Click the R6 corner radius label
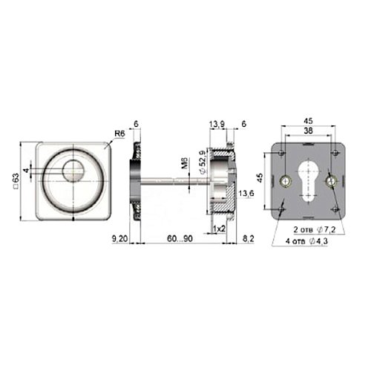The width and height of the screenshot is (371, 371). (119, 134)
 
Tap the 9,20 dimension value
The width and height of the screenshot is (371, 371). (119, 239)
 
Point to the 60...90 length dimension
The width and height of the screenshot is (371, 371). (180, 239)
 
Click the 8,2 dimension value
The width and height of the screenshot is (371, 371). (248, 239)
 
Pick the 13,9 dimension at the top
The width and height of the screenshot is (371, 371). (217, 124)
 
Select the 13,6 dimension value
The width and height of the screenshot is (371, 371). (246, 194)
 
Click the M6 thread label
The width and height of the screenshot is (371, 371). (184, 164)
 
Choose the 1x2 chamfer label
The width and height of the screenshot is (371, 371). (219, 229)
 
